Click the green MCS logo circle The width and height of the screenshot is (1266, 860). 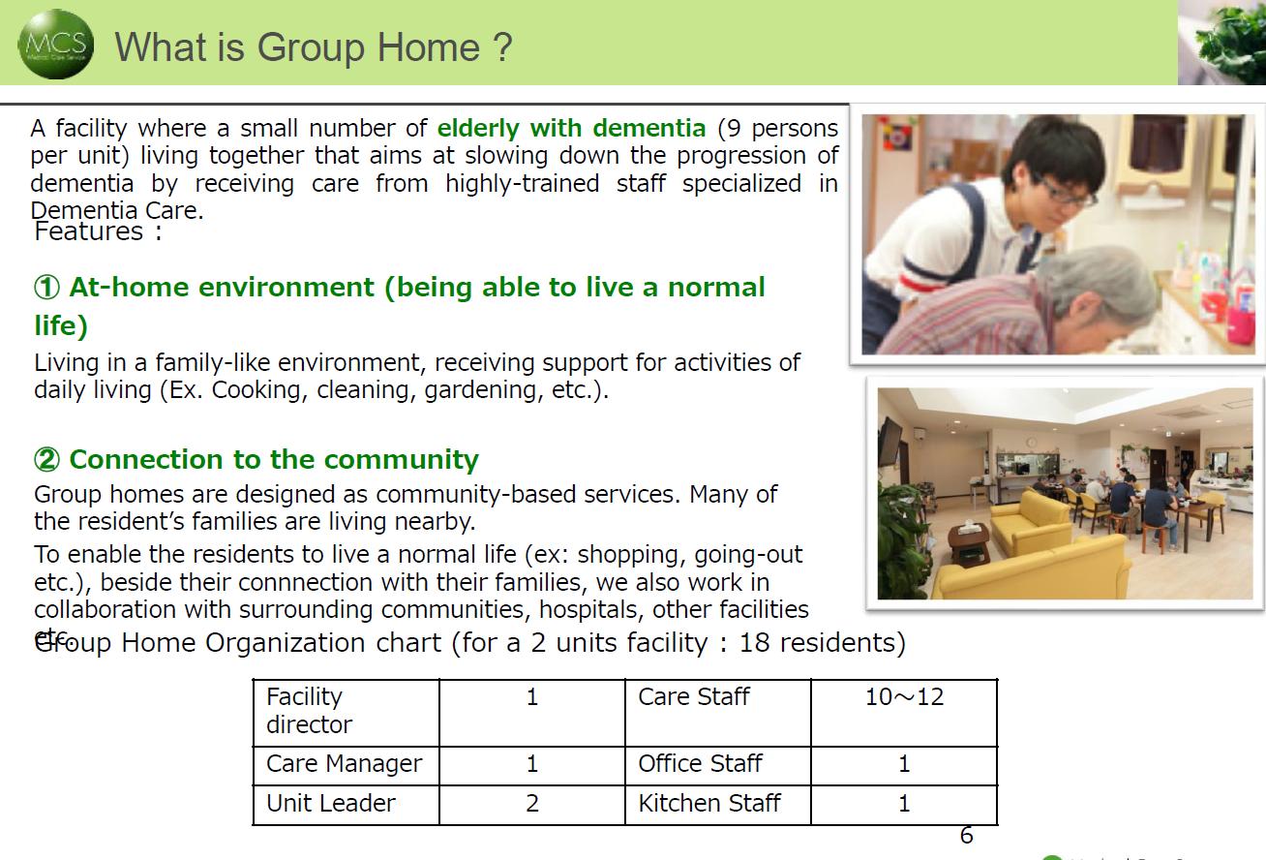pyautogui.click(x=56, y=44)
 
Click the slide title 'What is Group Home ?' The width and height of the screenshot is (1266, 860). pyautogui.click(x=313, y=46)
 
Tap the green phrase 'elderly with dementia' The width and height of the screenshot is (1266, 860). pyautogui.click(x=571, y=128)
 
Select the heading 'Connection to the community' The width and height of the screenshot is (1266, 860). pyautogui.click(x=274, y=459)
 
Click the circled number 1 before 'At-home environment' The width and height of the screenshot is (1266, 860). pyautogui.click(x=46, y=288)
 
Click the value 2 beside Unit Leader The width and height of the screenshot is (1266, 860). pyautogui.click(x=531, y=804)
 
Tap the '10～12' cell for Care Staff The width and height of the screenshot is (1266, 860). pyautogui.click(x=904, y=697)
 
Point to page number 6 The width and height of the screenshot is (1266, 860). pyautogui.click(x=966, y=835)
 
